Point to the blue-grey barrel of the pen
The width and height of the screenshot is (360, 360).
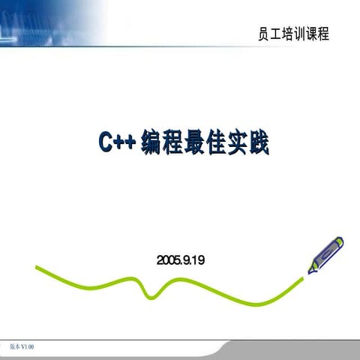click(323, 256)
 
